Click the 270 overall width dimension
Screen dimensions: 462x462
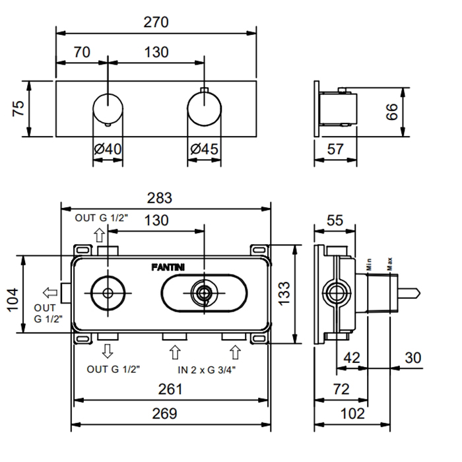point(156,21)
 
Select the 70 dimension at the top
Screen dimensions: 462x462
point(82,52)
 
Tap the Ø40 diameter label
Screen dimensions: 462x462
point(108,150)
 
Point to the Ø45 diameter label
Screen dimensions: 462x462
point(204,150)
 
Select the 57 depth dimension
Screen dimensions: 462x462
point(335,150)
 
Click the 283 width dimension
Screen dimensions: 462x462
point(159,197)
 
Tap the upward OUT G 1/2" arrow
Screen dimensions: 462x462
point(99,234)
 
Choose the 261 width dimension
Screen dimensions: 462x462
point(171,389)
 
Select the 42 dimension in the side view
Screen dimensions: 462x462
point(352,358)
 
